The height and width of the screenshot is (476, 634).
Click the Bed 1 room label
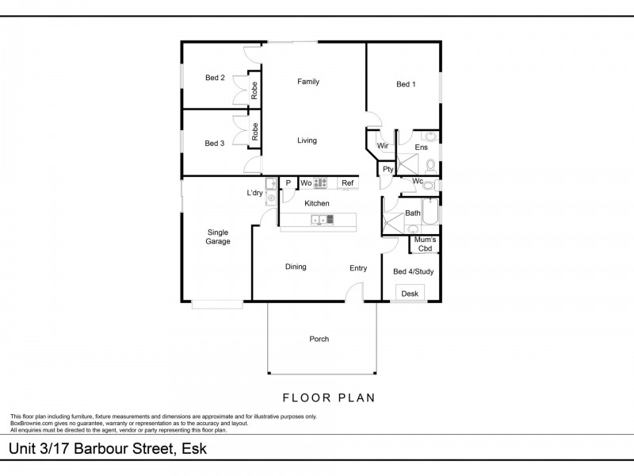406,85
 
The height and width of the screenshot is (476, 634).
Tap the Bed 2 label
215,78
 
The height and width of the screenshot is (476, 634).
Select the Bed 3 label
215,144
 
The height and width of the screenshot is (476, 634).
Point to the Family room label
308,82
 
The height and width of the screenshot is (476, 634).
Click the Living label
307,140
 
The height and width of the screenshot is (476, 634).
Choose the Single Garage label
218,236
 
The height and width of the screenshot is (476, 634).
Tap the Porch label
319,340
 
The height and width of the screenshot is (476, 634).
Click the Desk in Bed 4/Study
410,294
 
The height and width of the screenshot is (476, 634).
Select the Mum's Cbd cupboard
425,244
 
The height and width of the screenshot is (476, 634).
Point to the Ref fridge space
347,183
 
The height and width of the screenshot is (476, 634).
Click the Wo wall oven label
306,183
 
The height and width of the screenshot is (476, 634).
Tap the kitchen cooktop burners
321,183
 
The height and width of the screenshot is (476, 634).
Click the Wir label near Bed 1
382,147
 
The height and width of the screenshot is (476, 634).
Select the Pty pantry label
388,169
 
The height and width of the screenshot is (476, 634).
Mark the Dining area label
296,267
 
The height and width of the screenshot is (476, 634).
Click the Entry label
358,268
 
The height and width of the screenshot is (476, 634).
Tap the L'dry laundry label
254,194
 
